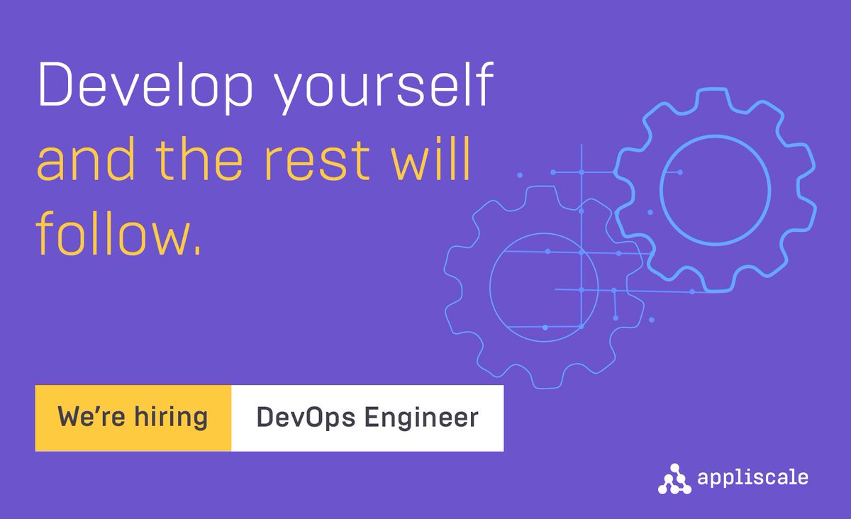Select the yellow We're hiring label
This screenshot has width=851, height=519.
(x=133, y=418)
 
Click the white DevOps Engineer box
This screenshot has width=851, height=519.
(x=367, y=418)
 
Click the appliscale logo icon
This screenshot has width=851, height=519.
(x=673, y=478)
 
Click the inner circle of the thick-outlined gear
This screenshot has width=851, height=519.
(x=714, y=187)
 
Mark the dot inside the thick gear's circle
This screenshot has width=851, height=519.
(x=679, y=172)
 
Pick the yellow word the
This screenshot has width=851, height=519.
(x=213, y=161)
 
